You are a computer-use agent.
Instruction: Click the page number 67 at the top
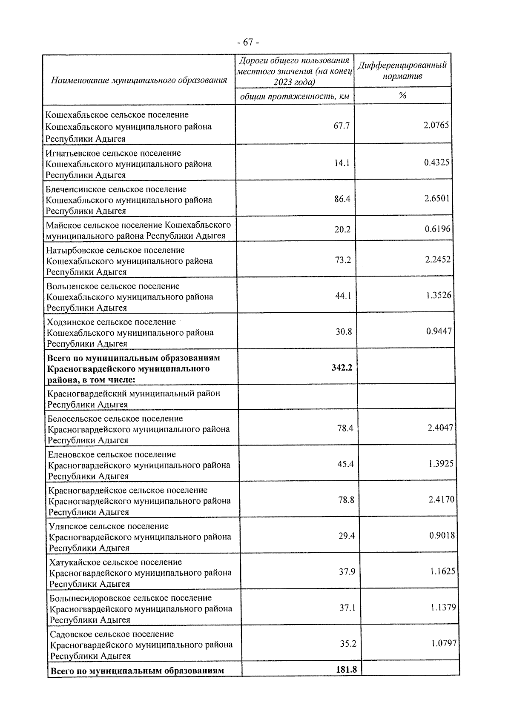pyautogui.click(x=248, y=43)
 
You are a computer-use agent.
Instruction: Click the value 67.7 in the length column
pyautogui.click(x=342, y=126)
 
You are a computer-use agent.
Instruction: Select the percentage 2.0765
pyautogui.click(x=436, y=125)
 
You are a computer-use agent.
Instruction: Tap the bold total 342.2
pyautogui.click(x=342, y=368)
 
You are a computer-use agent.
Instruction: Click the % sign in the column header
pyautogui.click(x=402, y=96)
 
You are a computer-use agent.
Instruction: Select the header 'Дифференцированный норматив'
pyautogui.click(x=402, y=71)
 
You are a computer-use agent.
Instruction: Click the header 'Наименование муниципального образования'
pyautogui.click(x=139, y=80)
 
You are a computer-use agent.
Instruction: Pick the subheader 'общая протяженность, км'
pyautogui.click(x=295, y=97)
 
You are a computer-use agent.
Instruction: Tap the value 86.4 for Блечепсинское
pyautogui.click(x=342, y=199)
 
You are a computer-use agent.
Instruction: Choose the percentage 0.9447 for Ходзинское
pyautogui.click(x=439, y=331)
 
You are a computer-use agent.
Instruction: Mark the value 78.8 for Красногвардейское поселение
pyautogui.click(x=346, y=500)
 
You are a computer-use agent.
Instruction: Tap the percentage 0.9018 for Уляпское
pyautogui.click(x=442, y=535)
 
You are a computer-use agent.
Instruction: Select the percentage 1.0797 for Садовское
pyautogui.click(x=444, y=643)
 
